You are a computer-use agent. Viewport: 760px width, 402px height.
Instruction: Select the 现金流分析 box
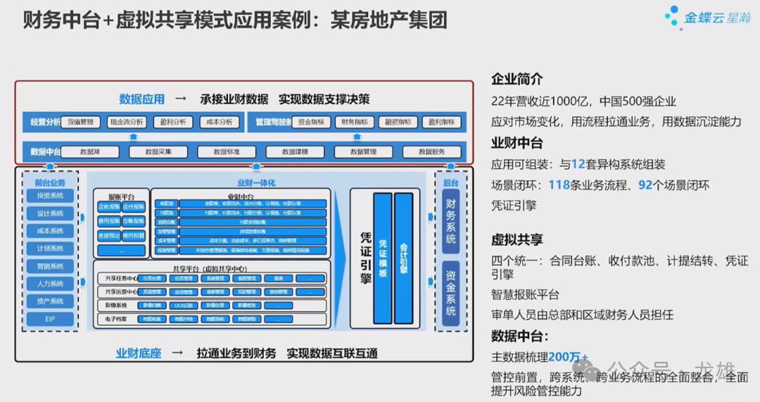click(127, 122)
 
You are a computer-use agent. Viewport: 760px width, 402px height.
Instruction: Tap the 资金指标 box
click(310, 122)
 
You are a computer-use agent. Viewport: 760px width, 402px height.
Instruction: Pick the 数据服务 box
click(431, 151)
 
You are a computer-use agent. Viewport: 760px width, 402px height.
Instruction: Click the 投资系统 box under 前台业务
click(50, 195)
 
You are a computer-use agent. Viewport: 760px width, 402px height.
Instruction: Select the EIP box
click(50, 319)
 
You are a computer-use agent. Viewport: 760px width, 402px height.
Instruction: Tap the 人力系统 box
click(50, 284)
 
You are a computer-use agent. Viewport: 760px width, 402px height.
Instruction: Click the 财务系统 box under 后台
click(451, 220)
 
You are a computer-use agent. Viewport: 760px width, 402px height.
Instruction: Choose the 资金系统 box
click(451, 290)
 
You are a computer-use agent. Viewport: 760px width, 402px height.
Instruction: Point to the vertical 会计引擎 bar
click(403, 258)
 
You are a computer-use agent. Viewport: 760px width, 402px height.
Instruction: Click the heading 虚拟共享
click(517, 240)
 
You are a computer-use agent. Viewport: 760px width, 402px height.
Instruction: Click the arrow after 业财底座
click(177, 353)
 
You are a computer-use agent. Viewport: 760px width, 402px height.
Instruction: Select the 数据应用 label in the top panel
click(141, 99)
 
